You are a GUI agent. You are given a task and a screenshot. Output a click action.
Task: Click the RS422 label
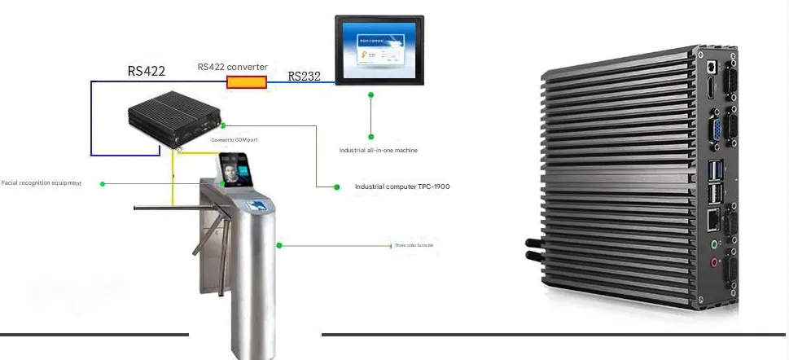click(x=147, y=71)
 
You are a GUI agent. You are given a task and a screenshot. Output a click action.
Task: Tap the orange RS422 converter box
click(x=246, y=81)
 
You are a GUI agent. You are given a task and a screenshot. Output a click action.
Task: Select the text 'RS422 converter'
click(x=232, y=67)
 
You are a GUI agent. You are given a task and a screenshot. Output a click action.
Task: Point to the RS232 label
click(x=305, y=77)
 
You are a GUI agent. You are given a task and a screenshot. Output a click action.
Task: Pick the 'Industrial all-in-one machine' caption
click(x=379, y=151)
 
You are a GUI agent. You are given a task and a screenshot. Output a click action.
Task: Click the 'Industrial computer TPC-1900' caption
click(x=402, y=187)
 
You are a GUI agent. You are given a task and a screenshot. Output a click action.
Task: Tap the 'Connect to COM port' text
click(x=234, y=140)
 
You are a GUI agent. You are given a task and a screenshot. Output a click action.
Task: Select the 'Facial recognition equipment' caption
click(x=42, y=183)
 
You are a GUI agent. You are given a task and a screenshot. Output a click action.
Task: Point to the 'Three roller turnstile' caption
click(x=414, y=244)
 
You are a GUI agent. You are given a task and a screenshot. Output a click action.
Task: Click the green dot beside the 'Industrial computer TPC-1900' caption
click(x=337, y=187)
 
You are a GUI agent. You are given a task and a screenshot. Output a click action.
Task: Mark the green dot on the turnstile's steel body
click(x=279, y=244)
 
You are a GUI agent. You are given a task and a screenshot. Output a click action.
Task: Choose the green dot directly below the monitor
click(x=370, y=136)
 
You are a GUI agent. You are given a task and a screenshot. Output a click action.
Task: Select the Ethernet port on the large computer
click(x=714, y=218)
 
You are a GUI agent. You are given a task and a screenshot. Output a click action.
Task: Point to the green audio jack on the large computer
click(x=714, y=243)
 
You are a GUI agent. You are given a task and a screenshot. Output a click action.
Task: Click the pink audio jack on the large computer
click(x=715, y=262)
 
